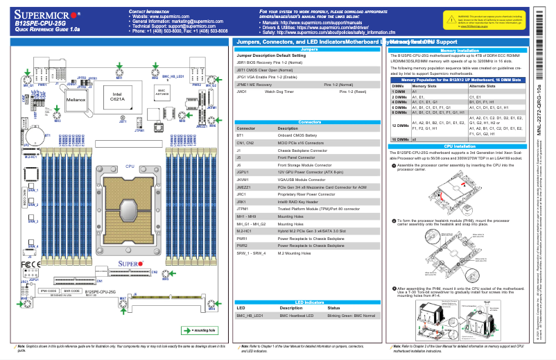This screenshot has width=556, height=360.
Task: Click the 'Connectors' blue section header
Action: (309, 121)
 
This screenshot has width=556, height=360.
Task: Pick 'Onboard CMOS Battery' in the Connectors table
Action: (299, 136)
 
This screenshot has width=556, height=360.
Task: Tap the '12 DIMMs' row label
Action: (400, 125)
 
